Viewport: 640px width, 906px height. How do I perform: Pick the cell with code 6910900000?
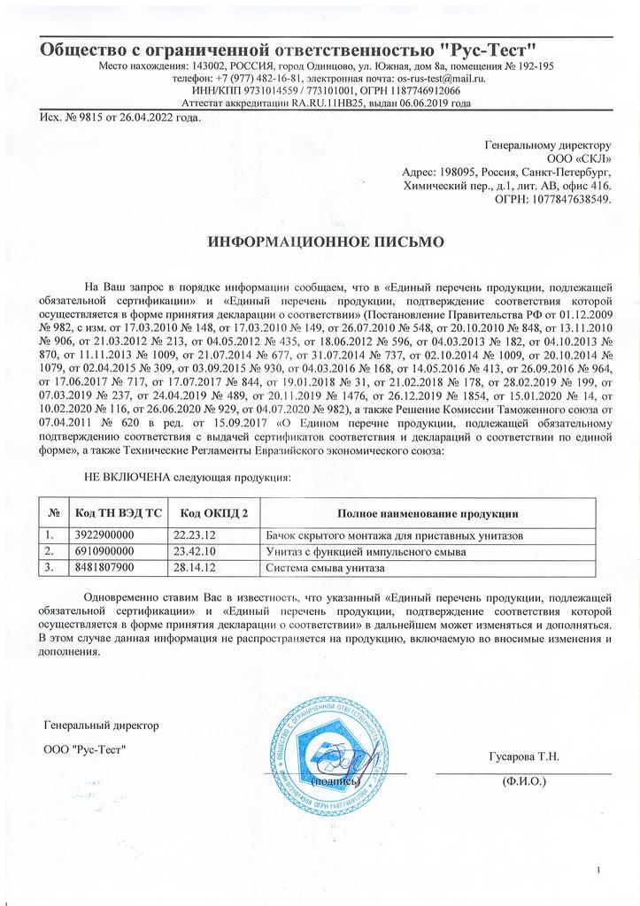pos(104,551)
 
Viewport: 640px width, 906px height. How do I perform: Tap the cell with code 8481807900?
pos(104,566)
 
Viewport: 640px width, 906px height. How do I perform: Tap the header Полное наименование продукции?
pos(428,514)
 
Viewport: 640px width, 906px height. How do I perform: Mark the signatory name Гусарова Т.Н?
pos(523,756)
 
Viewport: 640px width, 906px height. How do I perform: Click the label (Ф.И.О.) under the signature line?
pos(523,781)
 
